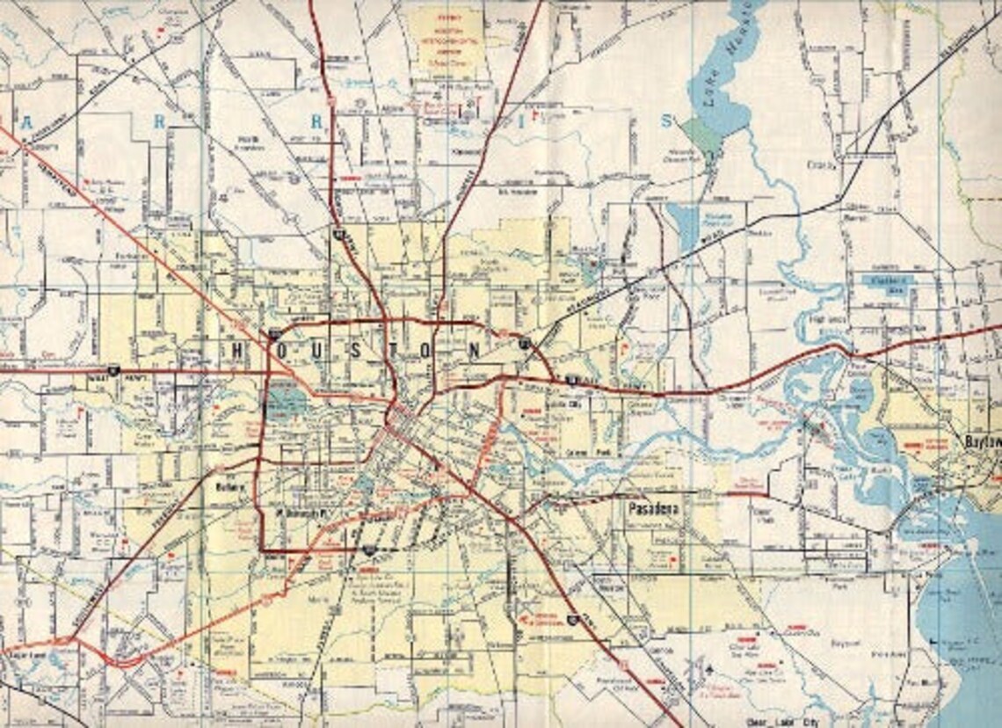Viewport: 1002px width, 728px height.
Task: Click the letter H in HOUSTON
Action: pos(237,351)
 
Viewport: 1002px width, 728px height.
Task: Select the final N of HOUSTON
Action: pos(476,351)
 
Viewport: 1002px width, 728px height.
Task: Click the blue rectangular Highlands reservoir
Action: pos(887,282)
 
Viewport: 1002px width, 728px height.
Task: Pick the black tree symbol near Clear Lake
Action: pos(709,671)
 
